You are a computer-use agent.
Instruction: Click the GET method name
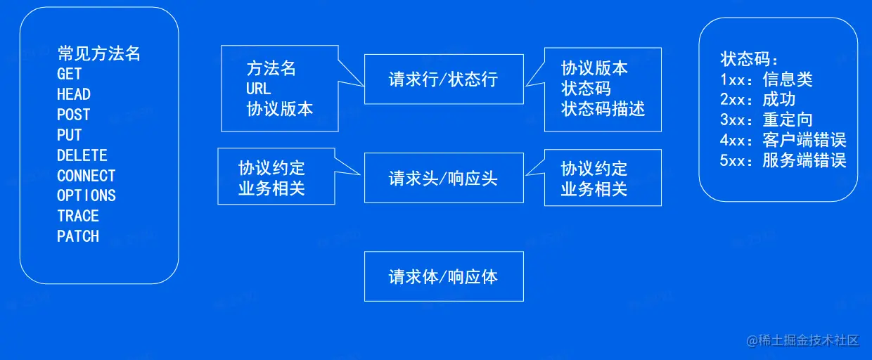(70, 74)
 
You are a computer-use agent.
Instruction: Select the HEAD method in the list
(74, 94)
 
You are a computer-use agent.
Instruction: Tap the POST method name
(74, 115)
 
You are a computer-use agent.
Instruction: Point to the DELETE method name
(82, 155)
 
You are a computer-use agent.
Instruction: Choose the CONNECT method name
(86, 176)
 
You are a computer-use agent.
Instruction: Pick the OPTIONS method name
(86, 195)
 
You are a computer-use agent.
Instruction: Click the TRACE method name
(78, 216)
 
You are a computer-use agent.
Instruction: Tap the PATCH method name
(78, 236)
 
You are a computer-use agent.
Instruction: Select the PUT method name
(70, 135)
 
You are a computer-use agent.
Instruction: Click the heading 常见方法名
(99, 53)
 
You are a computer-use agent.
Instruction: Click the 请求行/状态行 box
(444, 79)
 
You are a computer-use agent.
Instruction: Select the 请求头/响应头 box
(444, 179)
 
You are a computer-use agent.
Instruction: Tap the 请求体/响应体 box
(444, 276)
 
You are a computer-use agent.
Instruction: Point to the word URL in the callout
(259, 89)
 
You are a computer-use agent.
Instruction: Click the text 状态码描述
(603, 109)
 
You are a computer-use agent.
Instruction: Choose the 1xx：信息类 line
(767, 79)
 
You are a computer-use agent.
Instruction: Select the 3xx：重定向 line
(767, 120)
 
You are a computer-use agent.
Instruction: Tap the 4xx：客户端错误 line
(783, 140)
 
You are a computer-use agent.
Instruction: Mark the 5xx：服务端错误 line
(783, 160)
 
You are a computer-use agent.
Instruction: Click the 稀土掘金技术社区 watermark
(803, 340)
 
